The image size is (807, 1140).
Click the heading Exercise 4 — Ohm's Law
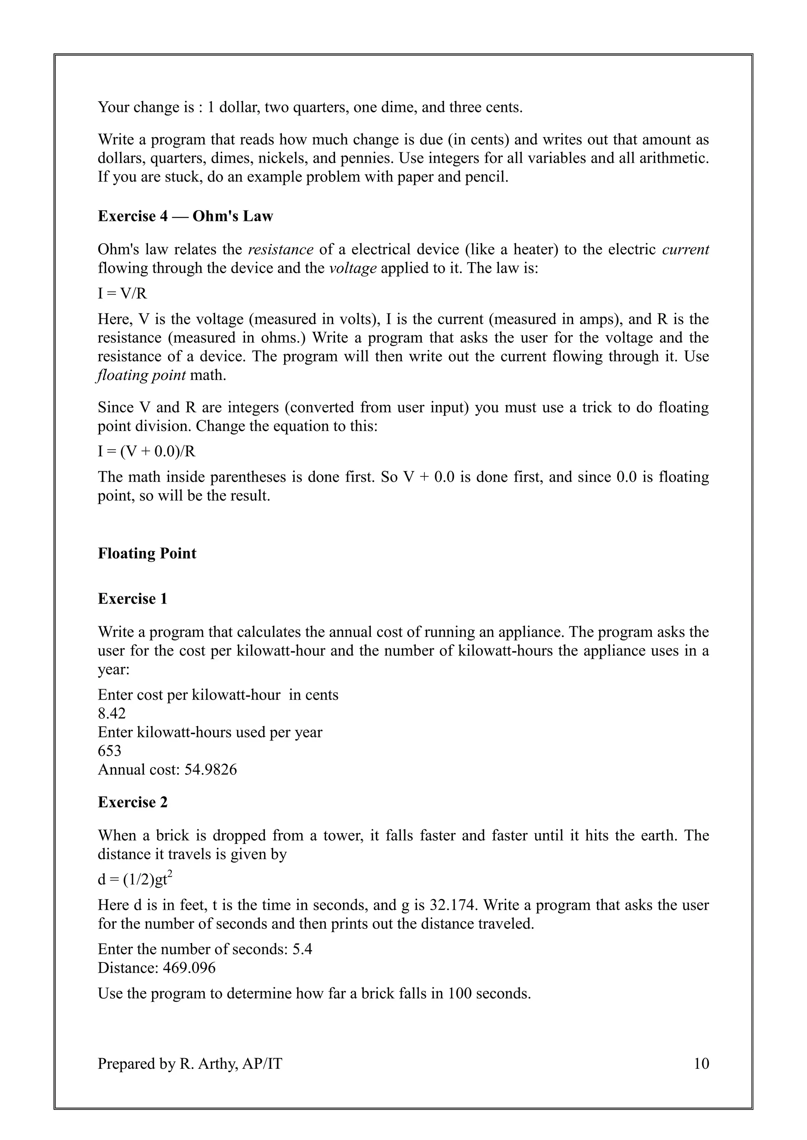pos(185,217)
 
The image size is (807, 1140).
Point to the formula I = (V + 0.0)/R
pos(147,452)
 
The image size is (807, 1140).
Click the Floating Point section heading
pos(147,553)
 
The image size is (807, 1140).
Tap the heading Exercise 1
pos(133,599)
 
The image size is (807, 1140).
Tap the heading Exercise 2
pos(133,802)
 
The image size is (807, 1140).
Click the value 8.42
pos(112,714)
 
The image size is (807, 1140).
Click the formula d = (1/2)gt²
pos(135,880)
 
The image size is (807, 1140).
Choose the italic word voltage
pos(353,268)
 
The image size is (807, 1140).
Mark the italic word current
pos(685,249)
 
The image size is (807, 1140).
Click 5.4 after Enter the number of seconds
pos(302,949)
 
